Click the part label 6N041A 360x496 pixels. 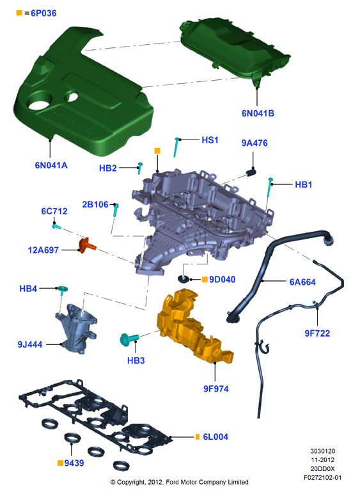pos(51,165)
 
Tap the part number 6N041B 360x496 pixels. pos(258,113)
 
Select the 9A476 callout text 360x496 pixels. pos(254,143)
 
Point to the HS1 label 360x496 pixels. pos(210,140)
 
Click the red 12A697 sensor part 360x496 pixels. pos(86,246)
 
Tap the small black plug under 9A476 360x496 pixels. pos(251,172)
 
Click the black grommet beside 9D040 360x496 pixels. pos(184,279)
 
